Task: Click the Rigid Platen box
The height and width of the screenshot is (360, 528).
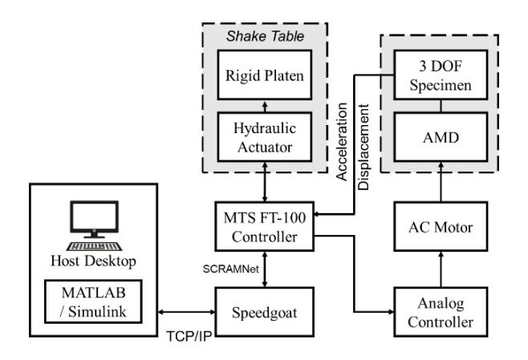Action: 265,75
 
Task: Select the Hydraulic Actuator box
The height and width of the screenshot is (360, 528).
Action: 265,137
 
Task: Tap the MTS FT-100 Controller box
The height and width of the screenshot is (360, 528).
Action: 265,226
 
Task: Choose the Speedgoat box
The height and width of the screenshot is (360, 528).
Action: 265,312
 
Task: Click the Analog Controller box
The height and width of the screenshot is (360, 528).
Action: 441,312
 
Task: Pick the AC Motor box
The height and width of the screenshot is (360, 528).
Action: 441,226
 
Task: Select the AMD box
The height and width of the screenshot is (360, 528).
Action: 441,137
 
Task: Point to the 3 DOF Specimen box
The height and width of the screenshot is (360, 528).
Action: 441,75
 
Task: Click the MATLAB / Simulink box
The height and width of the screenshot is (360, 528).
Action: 93,301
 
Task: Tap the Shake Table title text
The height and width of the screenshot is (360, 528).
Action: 265,36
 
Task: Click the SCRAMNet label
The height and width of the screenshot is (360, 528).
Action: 230,269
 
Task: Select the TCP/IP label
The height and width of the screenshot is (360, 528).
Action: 189,336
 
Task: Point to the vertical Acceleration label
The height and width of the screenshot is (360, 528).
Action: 342,142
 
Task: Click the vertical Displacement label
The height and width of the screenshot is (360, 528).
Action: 364,147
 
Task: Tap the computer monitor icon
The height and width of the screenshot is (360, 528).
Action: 94,220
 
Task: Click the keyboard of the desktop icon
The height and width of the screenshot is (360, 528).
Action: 94,247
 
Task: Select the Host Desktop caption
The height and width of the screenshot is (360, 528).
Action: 93,261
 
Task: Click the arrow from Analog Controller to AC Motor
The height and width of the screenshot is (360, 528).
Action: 441,269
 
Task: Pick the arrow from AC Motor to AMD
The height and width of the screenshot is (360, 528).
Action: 441,182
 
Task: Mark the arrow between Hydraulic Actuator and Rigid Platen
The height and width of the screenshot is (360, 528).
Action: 265,106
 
